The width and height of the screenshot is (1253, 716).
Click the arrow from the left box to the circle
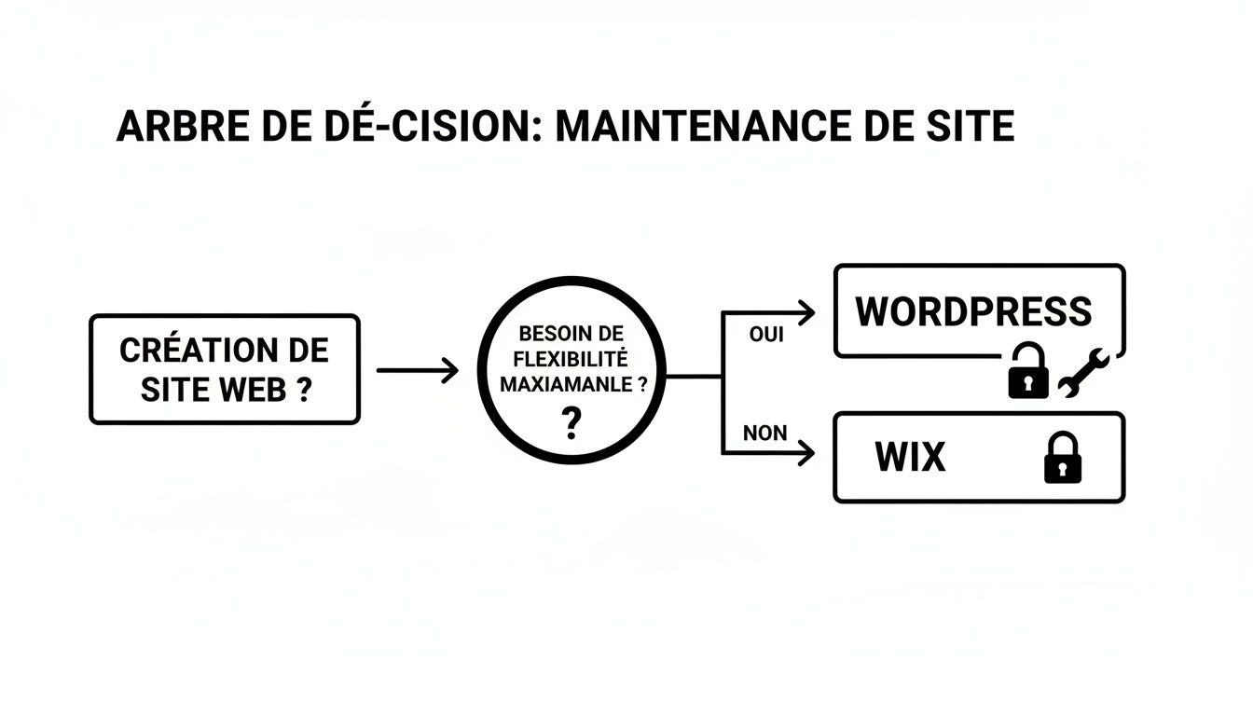(418, 370)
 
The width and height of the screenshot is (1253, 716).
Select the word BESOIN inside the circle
(543, 333)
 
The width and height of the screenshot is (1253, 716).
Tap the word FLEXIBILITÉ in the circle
(571, 358)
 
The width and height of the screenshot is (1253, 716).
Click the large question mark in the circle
(571, 424)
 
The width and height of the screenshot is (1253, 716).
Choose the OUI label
(766, 335)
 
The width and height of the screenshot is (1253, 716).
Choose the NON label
(764, 433)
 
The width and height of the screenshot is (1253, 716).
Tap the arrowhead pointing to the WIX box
(806, 454)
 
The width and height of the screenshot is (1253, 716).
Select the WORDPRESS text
(973, 311)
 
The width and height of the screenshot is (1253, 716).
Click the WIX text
(910, 457)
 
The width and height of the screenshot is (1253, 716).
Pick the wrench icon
(1082, 373)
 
